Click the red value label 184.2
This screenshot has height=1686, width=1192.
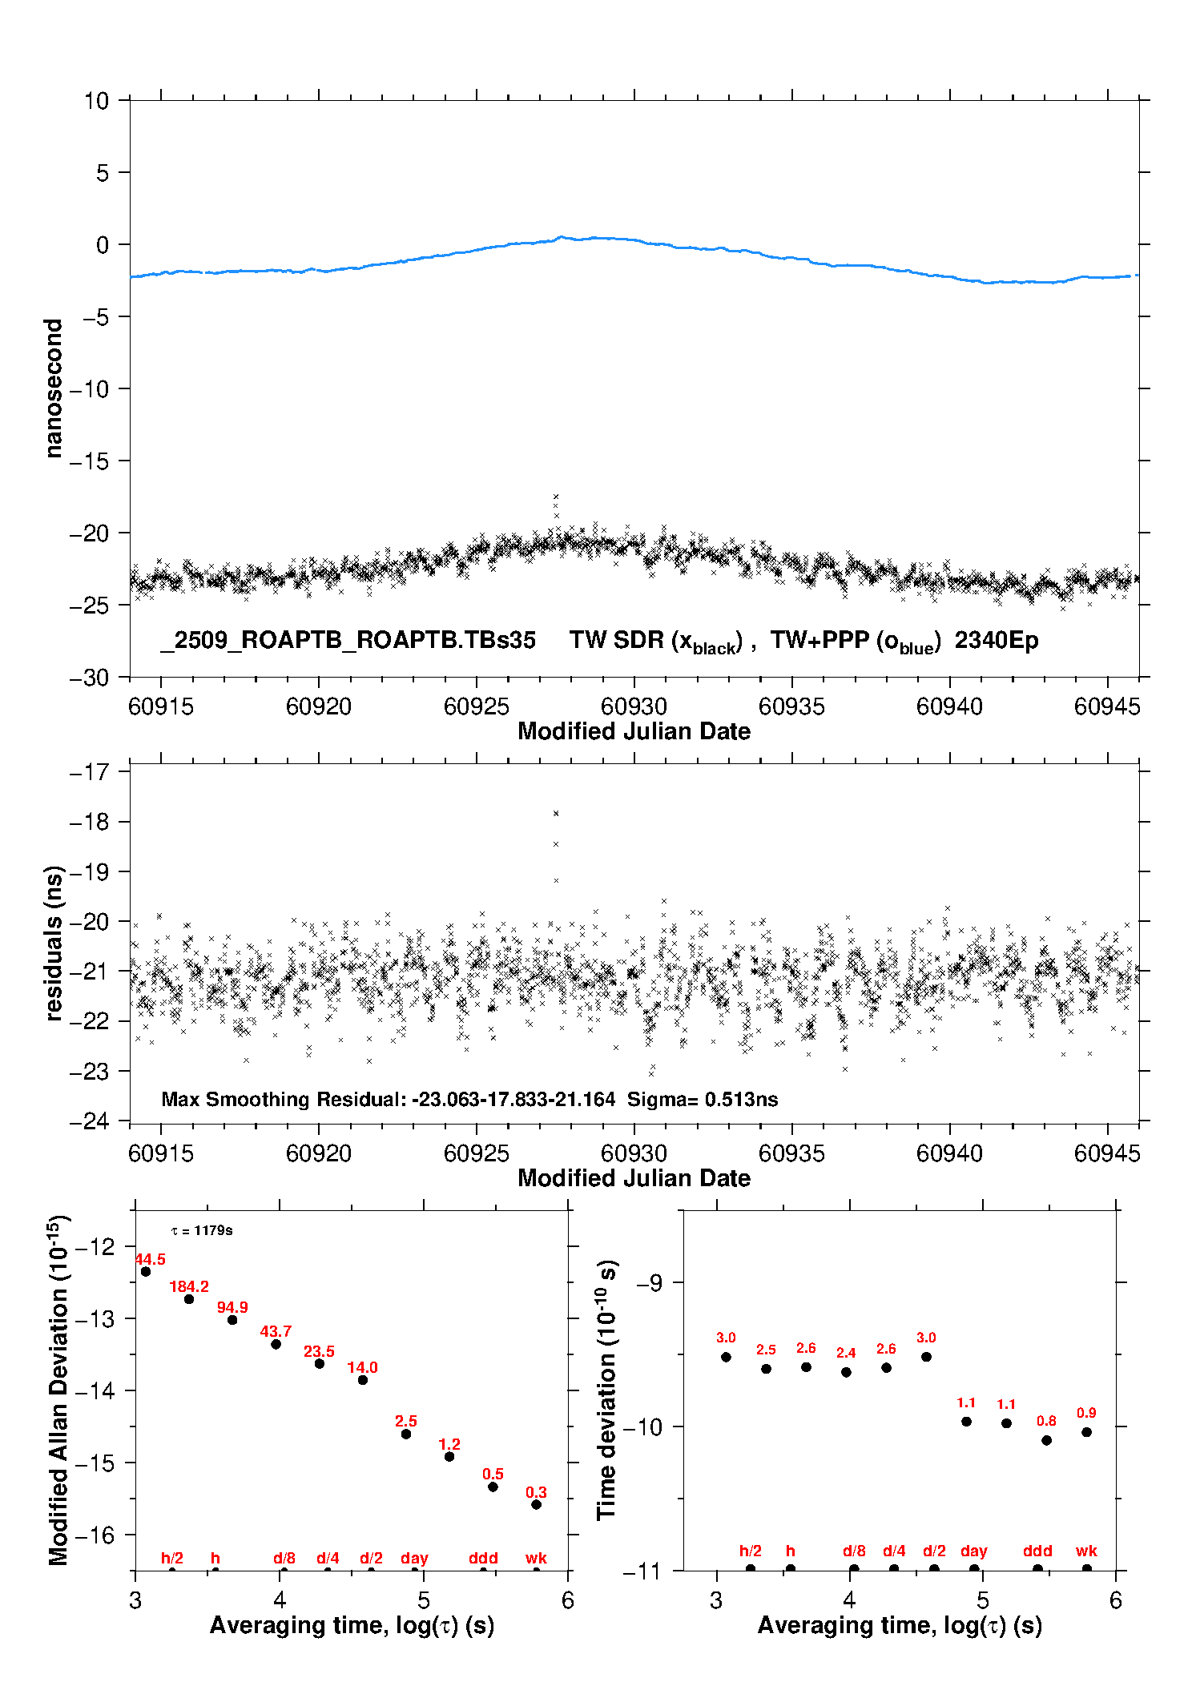click(189, 1286)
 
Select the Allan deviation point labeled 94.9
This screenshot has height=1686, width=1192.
click(232, 1319)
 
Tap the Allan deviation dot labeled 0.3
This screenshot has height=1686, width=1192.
click(536, 1504)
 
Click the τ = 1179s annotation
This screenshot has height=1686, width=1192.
click(202, 1230)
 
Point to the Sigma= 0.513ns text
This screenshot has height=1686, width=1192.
click(703, 1099)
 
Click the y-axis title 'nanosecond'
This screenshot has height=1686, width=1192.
click(54, 388)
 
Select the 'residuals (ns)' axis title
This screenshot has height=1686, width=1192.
click(54, 943)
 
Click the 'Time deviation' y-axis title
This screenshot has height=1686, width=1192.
click(606, 1390)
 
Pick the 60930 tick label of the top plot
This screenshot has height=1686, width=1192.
click(634, 706)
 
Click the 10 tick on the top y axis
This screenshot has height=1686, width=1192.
click(96, 101)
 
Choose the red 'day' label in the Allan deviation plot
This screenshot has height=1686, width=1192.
click(414, 1558)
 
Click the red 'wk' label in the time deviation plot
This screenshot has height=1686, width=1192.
click(1086, 1551)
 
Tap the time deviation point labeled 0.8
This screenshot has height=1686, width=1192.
click(1046, 1440)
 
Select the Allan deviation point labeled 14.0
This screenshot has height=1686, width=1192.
click(362, 1379)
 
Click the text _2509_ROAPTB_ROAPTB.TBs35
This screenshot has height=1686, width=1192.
click(348, 640)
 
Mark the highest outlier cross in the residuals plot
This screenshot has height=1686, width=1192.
click(556, 813)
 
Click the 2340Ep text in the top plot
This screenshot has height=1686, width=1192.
click(997, 640)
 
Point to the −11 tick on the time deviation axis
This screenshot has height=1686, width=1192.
click(642, 1571)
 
